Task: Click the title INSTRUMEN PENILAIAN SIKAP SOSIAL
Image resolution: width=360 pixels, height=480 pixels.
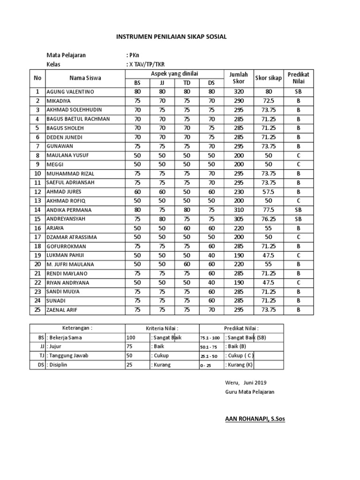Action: coord(171,36)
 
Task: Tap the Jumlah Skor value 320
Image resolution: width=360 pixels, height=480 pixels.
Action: coord(239,92)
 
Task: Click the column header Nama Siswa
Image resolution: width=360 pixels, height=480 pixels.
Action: coord(85,78)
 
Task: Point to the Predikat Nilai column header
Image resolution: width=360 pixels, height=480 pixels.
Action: coord(299,78)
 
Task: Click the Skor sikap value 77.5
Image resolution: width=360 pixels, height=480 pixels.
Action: coord(268,210)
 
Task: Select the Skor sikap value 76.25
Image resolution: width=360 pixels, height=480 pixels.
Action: coord(268,219)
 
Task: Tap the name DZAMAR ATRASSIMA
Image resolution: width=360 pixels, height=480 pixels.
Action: coord(72,237)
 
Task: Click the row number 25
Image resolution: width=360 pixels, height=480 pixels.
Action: coord(37,310)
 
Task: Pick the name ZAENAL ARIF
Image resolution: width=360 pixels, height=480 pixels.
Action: coord(62,310)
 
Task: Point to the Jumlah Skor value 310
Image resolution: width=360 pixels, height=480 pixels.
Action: coord(239,210)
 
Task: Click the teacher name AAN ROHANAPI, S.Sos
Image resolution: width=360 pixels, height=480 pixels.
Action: coord(255,419)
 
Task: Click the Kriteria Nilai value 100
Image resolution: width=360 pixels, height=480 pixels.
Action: coord(132,337)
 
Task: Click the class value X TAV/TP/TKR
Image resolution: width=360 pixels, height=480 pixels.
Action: coord(146,64)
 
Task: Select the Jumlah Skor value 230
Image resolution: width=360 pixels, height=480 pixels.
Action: coord(239,192)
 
